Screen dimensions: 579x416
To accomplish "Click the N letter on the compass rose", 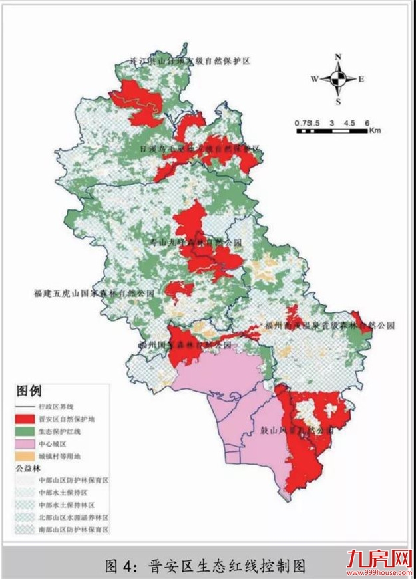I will (x=338, y=57).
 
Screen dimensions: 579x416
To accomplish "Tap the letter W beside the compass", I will (x=314, y=79).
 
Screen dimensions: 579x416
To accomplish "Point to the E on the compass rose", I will (x=361, y=79).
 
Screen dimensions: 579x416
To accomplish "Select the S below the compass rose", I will (x=338, y=102).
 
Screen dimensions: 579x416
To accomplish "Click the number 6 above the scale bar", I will (x=367, y=123).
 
